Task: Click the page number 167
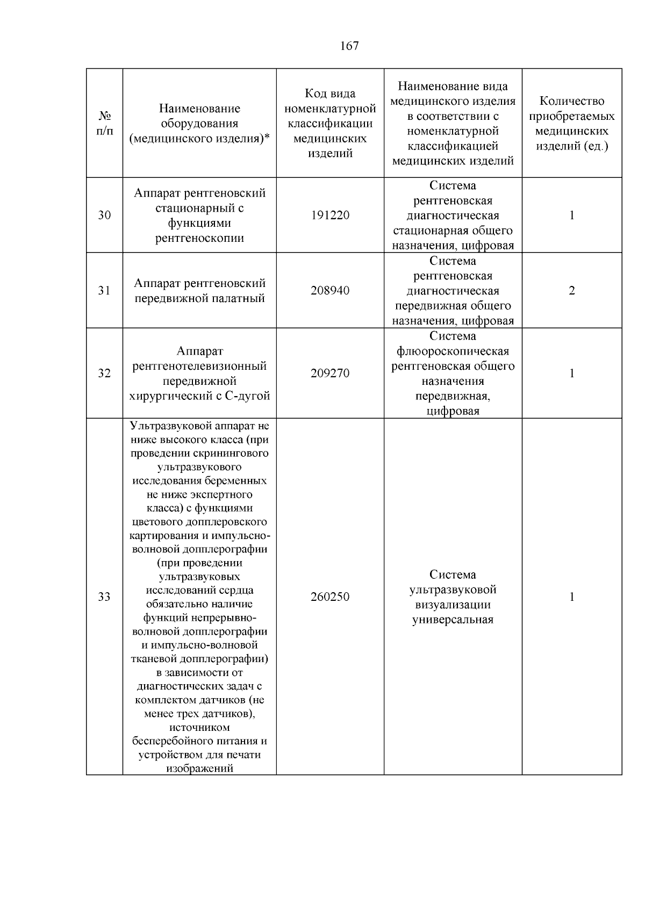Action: click(x=349, y=46)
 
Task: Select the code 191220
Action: click(x=330, y=216)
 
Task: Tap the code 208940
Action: click(x=330, y=291)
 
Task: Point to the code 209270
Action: click(x=330, y=374)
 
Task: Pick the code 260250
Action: click(x=330, y=597)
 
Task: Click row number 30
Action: click(x=104, y=216)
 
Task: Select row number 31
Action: click(x=104, y=291)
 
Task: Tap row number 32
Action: click(x=104, y=374)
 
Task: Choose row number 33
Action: click(x=104, y=597)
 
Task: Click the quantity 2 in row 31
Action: click(x=572, y=291)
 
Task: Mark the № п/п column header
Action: click(x=105, y=124)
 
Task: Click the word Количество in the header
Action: click(x=572, y=101)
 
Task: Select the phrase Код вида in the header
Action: click(x=330, y=94)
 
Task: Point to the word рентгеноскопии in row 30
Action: click(x=199, y=238)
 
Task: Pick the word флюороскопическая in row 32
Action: click(x=453, y=351)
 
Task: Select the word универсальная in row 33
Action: click(x=453, y=620)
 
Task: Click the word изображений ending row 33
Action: click(x=199, y=768)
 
